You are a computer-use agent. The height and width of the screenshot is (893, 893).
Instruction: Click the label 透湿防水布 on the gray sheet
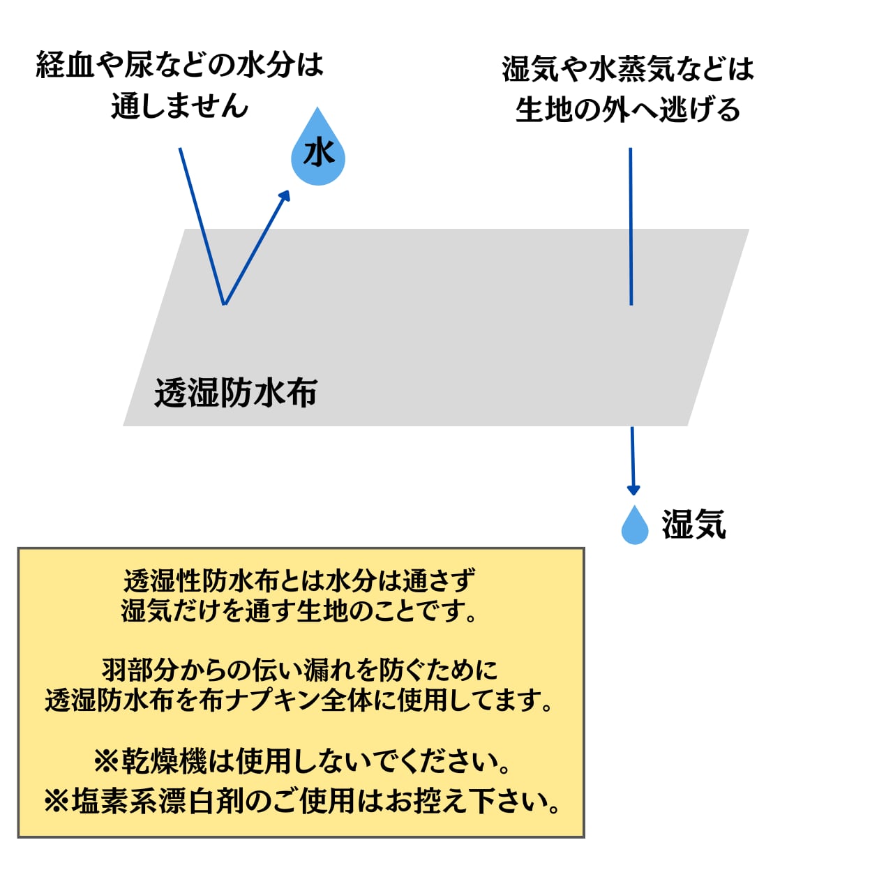coord(236,393)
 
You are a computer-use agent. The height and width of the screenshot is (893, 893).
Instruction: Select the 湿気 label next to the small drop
coord(694,525)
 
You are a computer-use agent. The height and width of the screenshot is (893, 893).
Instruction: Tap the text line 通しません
coord(180,106)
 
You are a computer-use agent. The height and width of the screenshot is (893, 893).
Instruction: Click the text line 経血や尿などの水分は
coord(180,66)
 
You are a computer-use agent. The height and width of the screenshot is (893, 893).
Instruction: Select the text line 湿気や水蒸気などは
coord(628,69)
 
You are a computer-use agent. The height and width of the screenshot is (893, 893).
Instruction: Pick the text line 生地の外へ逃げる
coord(628,110)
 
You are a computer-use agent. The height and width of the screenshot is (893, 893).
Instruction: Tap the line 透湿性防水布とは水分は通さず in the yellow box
coord(300,580)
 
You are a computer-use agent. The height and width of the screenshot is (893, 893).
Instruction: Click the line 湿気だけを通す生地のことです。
coord(300,611)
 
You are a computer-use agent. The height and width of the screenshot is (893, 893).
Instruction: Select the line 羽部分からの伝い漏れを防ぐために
coord(300,670)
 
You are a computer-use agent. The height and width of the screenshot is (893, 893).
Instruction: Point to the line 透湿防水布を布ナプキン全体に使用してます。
coord(300,700)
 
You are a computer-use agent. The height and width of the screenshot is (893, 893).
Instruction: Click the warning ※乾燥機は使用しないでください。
coord(302,761)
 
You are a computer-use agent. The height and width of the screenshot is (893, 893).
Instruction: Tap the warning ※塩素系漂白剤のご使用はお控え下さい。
coord(302,801)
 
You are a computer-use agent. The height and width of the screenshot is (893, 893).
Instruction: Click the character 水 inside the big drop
coord(319,153)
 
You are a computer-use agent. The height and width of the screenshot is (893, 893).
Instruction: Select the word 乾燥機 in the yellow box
coord(165,761)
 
